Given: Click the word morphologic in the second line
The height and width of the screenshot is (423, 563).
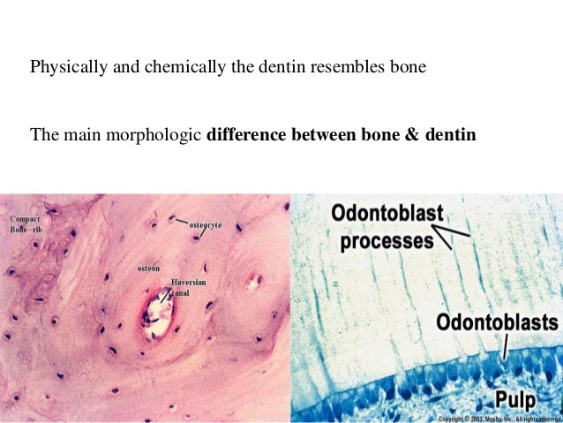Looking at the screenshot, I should (x=161, y=136).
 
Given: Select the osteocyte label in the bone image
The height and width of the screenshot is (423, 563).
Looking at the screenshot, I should (x=206, y=226).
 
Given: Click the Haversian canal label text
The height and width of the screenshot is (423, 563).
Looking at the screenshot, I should (x=188, y=287).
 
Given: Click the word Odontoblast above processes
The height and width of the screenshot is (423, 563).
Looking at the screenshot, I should (x=387, y=215).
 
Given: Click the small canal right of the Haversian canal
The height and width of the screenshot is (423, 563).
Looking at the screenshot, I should (x=255, y=283).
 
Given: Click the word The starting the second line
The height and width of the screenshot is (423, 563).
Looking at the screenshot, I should (x=44, y=136).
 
